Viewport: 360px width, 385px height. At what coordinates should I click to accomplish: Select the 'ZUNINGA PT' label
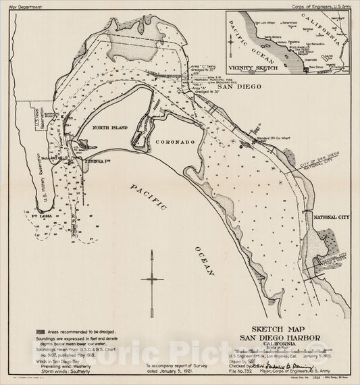coord(99,153)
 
